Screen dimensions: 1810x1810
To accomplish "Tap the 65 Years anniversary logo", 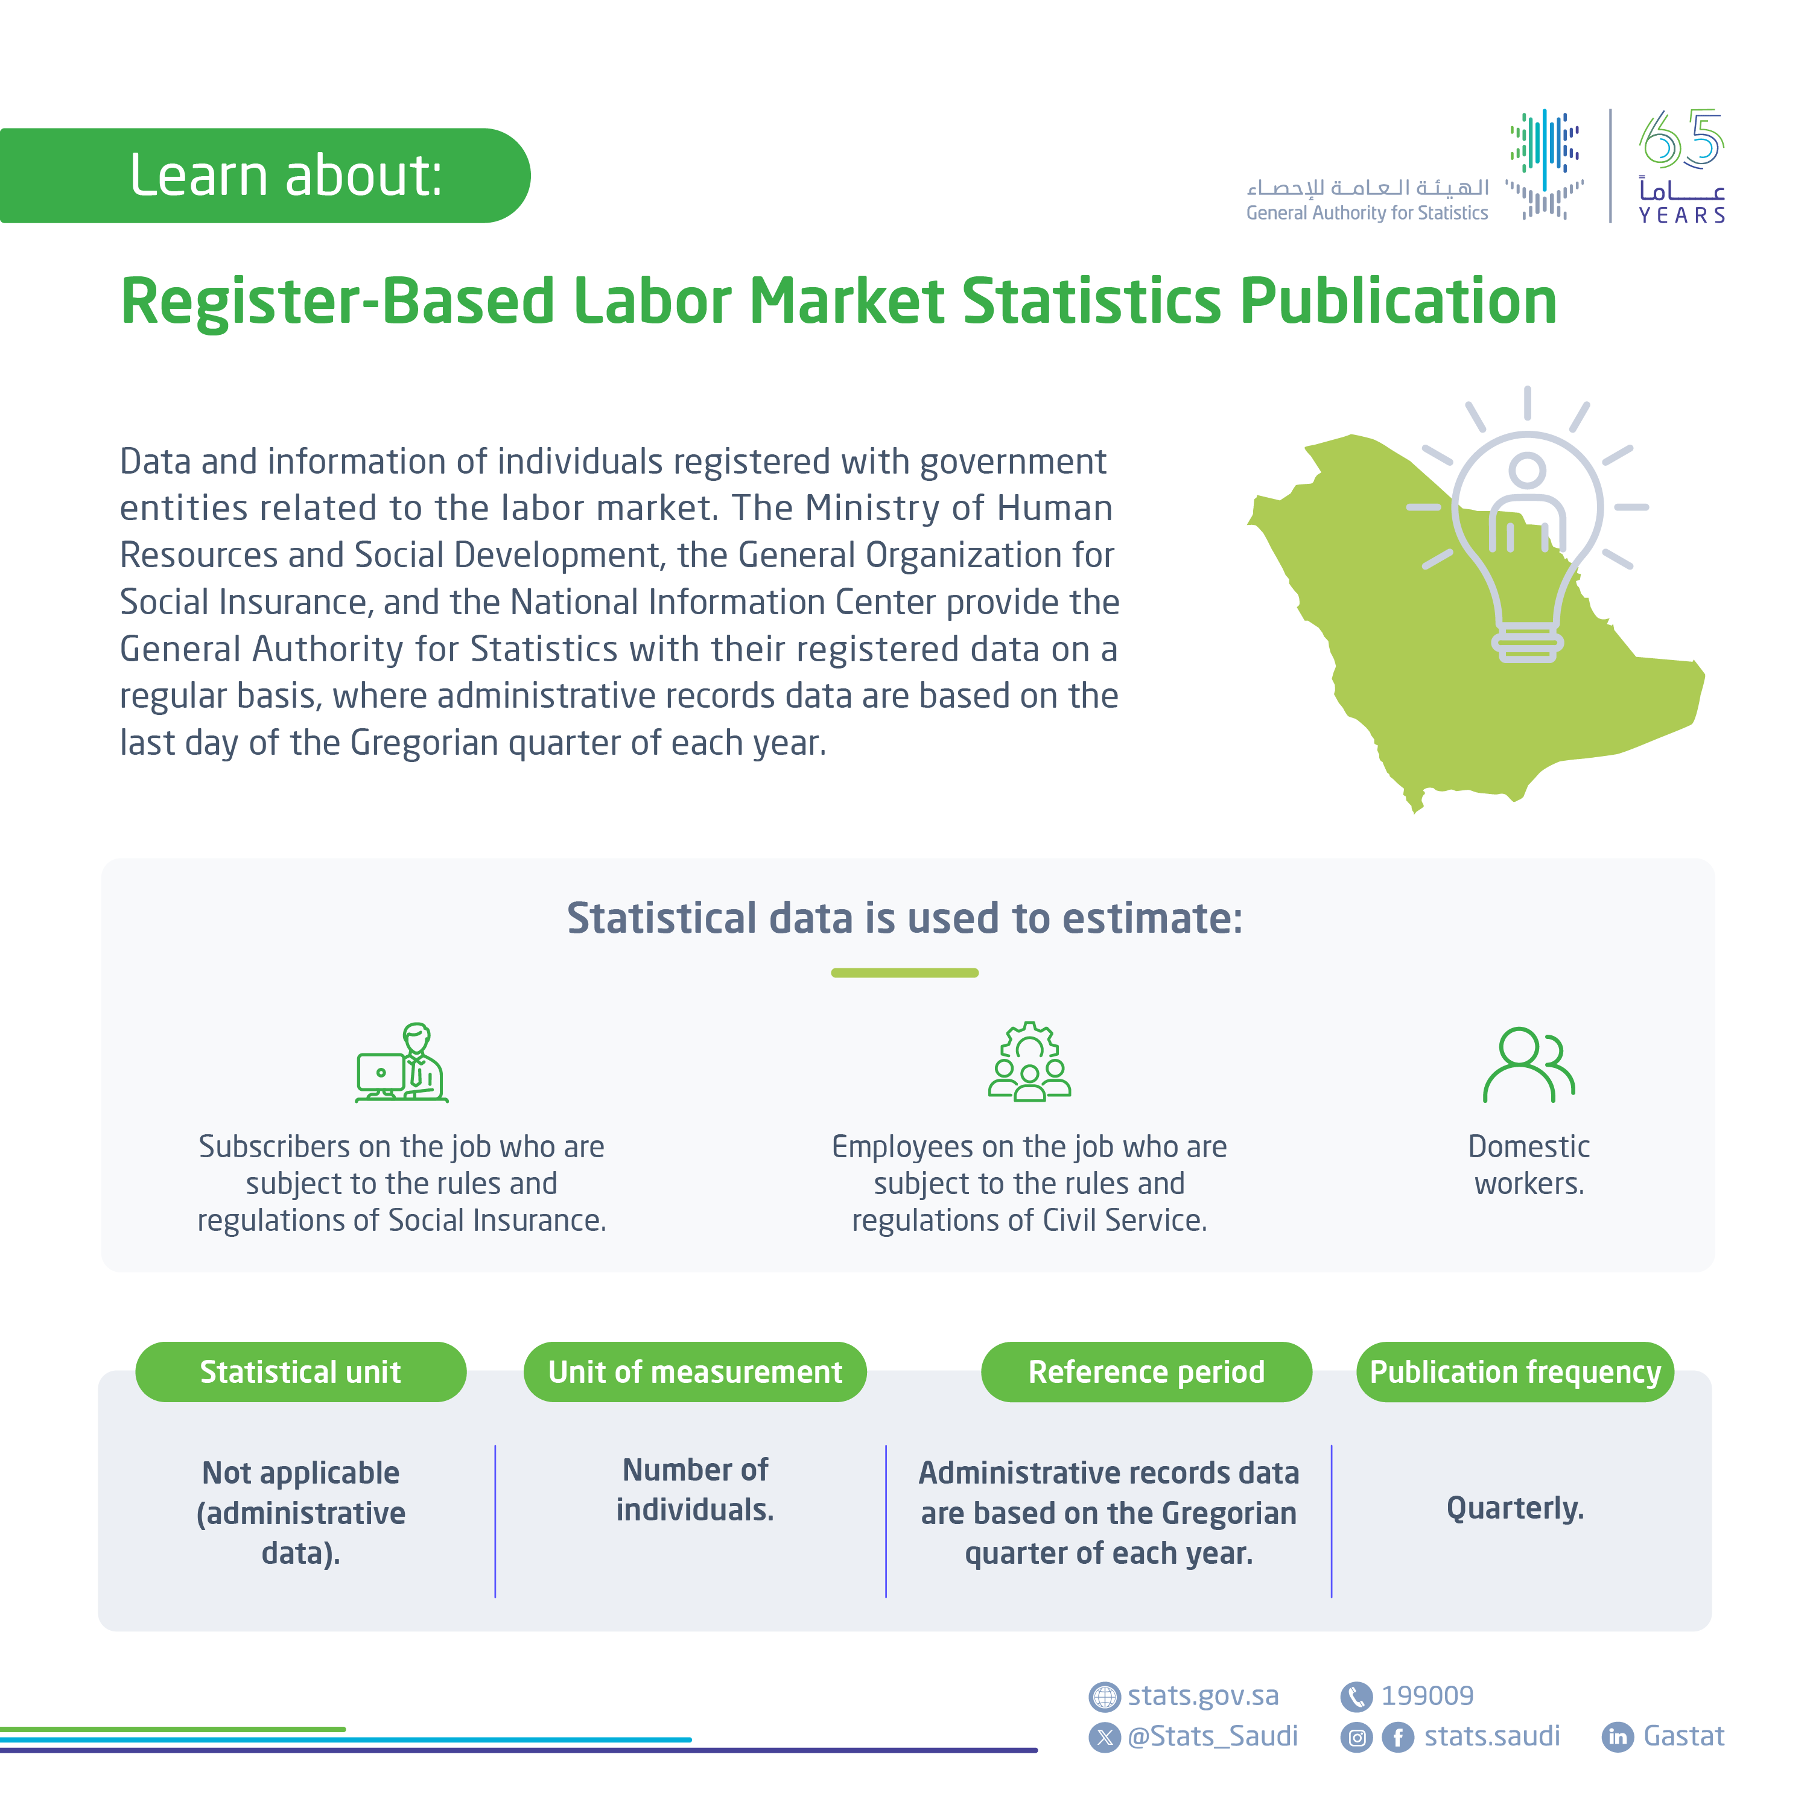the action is coord(1681,167).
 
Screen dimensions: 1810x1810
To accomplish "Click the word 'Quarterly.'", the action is coord(1515,1508).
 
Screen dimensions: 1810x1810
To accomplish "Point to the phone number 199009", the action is coord(1427,1696).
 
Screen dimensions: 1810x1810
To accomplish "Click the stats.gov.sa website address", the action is coord(1203,1696).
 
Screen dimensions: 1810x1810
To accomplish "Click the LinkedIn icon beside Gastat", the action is coord(1618,1738).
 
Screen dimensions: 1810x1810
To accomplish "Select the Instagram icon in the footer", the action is coord(1356,1738).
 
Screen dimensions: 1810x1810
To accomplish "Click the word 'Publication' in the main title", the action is coord(1399,302).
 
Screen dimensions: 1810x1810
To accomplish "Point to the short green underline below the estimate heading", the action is coord(905,973).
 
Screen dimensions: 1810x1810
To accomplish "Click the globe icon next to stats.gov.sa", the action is coord(1105,1697).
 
